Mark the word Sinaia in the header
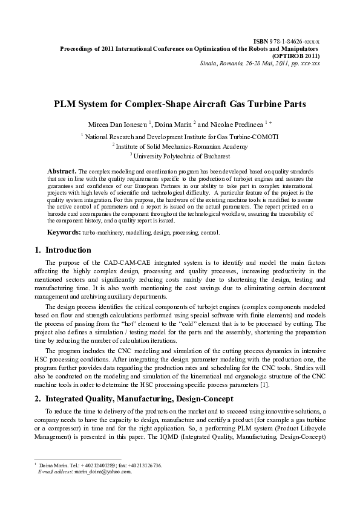pos(208,62)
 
